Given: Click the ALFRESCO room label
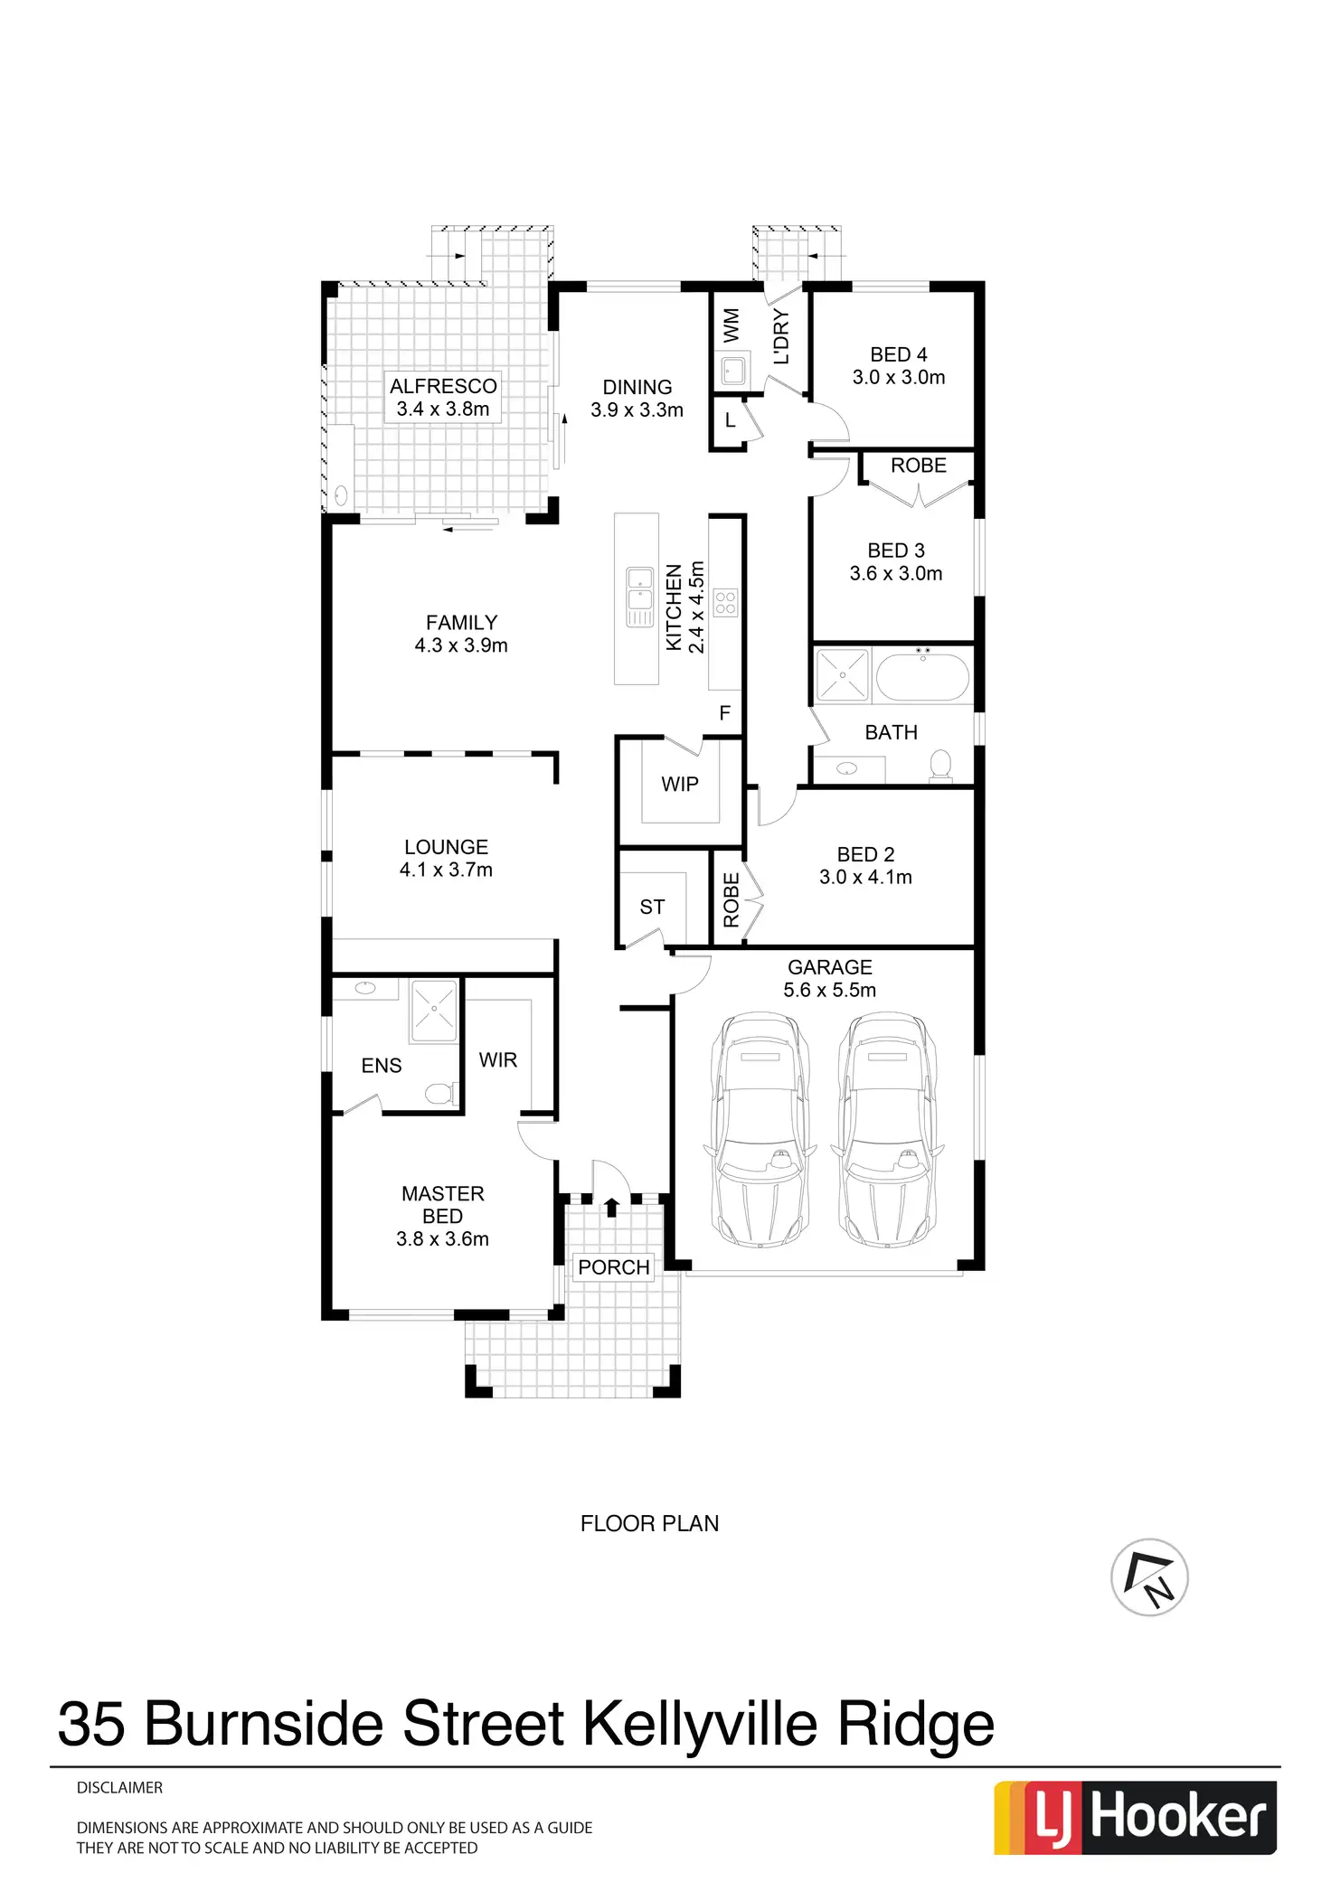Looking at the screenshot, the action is pyautogui.click(x=443, y=386).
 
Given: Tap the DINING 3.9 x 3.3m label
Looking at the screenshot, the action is pyautogui.click(x=637, y=399).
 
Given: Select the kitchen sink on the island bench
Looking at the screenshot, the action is pyautogui.click(x=640, y=587).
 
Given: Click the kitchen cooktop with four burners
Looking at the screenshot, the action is pyautogui.click(x=726, y=603).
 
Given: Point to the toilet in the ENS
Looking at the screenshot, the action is pyautogui.click(x=439, y=1095).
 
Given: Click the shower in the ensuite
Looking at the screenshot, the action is pyautogui.click(x=435, y=1010).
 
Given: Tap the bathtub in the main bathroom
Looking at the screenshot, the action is pyautogui.click(x=922, y=674).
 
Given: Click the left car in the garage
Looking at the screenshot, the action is pyautogui.click(x=760, y=1130).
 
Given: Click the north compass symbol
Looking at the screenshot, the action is pyautogui.click(x=1149, y=1577).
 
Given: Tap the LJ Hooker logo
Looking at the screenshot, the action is pyautogui.click(x=1136, y=1817).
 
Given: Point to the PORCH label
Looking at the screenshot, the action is pyautogui.click(x=614, y=1267).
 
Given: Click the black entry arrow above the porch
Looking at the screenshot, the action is pyautogui.click(x=612, y=1206).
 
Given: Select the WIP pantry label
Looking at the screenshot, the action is pyautogui.click(x=680, y=785).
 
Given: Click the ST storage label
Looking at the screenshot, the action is pyautogui.click(x=652, y=908).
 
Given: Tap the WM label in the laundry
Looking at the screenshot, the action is pyautogui.click(x=732, y=325).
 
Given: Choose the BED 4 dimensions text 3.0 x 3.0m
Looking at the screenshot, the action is pyautogui.click(x=899, y=378).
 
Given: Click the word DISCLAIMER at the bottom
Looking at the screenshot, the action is pyautogui.click(x=120, y=1787).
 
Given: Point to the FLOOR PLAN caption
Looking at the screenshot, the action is pyautogui.click(x=649, y=1523).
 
